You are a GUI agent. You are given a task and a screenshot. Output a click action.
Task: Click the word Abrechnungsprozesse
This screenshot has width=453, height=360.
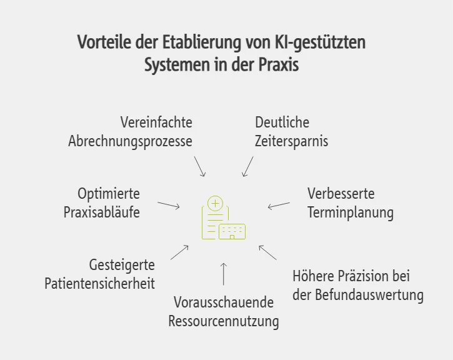(130, 141)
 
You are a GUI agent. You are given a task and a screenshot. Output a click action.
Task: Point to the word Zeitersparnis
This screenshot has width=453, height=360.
(291, 141)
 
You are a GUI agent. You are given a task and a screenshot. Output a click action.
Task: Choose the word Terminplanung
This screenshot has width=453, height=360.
(351, 212)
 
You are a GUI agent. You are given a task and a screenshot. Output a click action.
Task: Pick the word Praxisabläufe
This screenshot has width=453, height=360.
(102, 212)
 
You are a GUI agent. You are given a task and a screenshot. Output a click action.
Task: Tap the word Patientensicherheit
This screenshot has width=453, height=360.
(99, 283)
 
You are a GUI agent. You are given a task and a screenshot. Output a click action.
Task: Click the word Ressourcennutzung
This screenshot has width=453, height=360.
(224, 322)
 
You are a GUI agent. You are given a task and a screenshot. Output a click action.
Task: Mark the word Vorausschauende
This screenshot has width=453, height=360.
(224, 302)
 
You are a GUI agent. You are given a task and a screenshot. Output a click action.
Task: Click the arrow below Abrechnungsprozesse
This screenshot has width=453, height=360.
(200, 166)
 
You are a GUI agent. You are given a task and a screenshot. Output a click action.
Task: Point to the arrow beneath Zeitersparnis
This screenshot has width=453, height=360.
(248, 166)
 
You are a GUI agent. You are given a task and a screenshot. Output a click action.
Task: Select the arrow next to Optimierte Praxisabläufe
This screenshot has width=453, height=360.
(169, 205)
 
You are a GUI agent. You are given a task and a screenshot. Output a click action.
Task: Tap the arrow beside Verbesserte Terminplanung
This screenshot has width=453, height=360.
(279, 205)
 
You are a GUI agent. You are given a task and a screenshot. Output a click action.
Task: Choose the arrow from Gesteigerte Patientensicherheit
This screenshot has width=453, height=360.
(179, 252)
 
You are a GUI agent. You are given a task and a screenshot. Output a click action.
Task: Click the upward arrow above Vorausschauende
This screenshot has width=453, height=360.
(224, 274)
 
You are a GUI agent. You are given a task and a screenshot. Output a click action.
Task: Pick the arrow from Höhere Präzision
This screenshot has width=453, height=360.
(267, 252)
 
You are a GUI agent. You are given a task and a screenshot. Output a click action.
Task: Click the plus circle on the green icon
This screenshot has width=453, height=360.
(216, 203)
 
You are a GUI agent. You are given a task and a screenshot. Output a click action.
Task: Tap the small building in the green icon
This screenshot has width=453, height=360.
(232, 232)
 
